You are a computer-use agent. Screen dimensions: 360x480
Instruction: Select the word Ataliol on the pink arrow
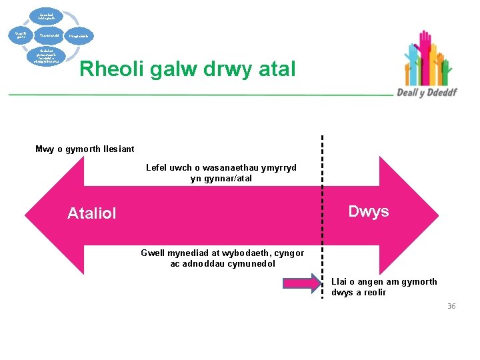coord(92,213)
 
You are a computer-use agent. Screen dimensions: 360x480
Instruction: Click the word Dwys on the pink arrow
coord(369,211)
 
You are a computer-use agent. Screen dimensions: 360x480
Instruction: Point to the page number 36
coord(451,306)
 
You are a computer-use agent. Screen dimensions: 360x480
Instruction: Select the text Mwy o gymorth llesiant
coord(85,149)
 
